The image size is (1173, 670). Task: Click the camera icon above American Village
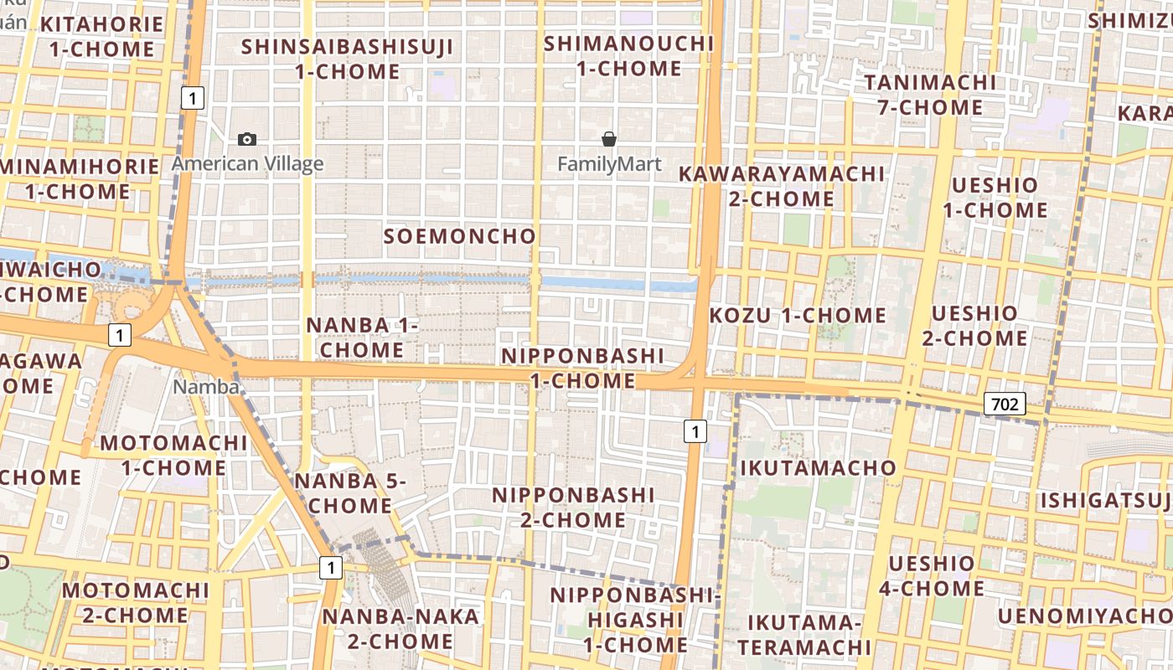click(x=247, y=139)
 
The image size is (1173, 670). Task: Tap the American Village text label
click(x=247, y=163)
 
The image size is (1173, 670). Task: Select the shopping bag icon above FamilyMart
click(x=609, y=139)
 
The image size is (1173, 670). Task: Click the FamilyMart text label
click(x=609, y=164)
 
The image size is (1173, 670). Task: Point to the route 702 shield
click(x=1004, y=405)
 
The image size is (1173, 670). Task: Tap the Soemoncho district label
click(x=459, y=236)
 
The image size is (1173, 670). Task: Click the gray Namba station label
click(x=206, y=387)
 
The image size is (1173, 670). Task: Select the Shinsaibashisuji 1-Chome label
click(x=348, y=59)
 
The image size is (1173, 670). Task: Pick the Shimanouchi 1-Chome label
click(x=628, y=55)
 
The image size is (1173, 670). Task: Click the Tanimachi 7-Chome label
click(x=930, y=95)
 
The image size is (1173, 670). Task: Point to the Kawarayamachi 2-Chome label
click(x=781, y=186)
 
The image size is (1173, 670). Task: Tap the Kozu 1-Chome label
click(x=798, y=316)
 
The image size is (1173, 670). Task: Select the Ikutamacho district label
click(x=818, y=467)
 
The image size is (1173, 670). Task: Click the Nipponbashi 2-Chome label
click(x=573, y=508)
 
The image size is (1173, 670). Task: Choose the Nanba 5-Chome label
click(x=350, y=493)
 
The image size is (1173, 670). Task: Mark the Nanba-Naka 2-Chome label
click(x=400, y=629)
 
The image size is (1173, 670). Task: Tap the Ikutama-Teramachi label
click(x=804, y=635)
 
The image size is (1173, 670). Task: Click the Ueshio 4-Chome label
click(x=931, y=575)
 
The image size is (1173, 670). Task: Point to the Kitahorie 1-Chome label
click(x=101, y=36)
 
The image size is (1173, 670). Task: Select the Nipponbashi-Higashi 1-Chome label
click(x=635, y=620)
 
